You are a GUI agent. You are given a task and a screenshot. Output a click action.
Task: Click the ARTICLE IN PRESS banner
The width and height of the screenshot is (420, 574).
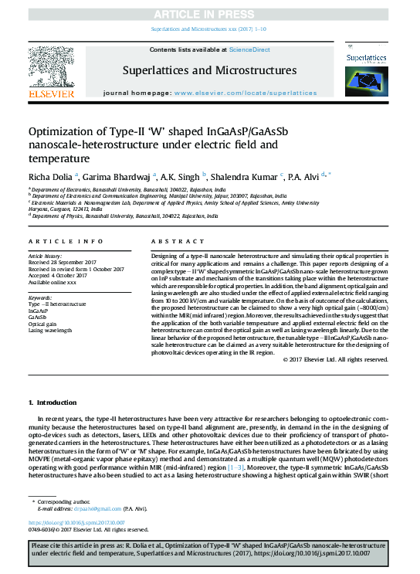point(209,14)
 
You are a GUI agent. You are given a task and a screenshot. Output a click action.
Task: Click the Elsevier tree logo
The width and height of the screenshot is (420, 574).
point(52,71)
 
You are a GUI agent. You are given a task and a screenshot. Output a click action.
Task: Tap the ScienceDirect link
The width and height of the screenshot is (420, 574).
point(249,49)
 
